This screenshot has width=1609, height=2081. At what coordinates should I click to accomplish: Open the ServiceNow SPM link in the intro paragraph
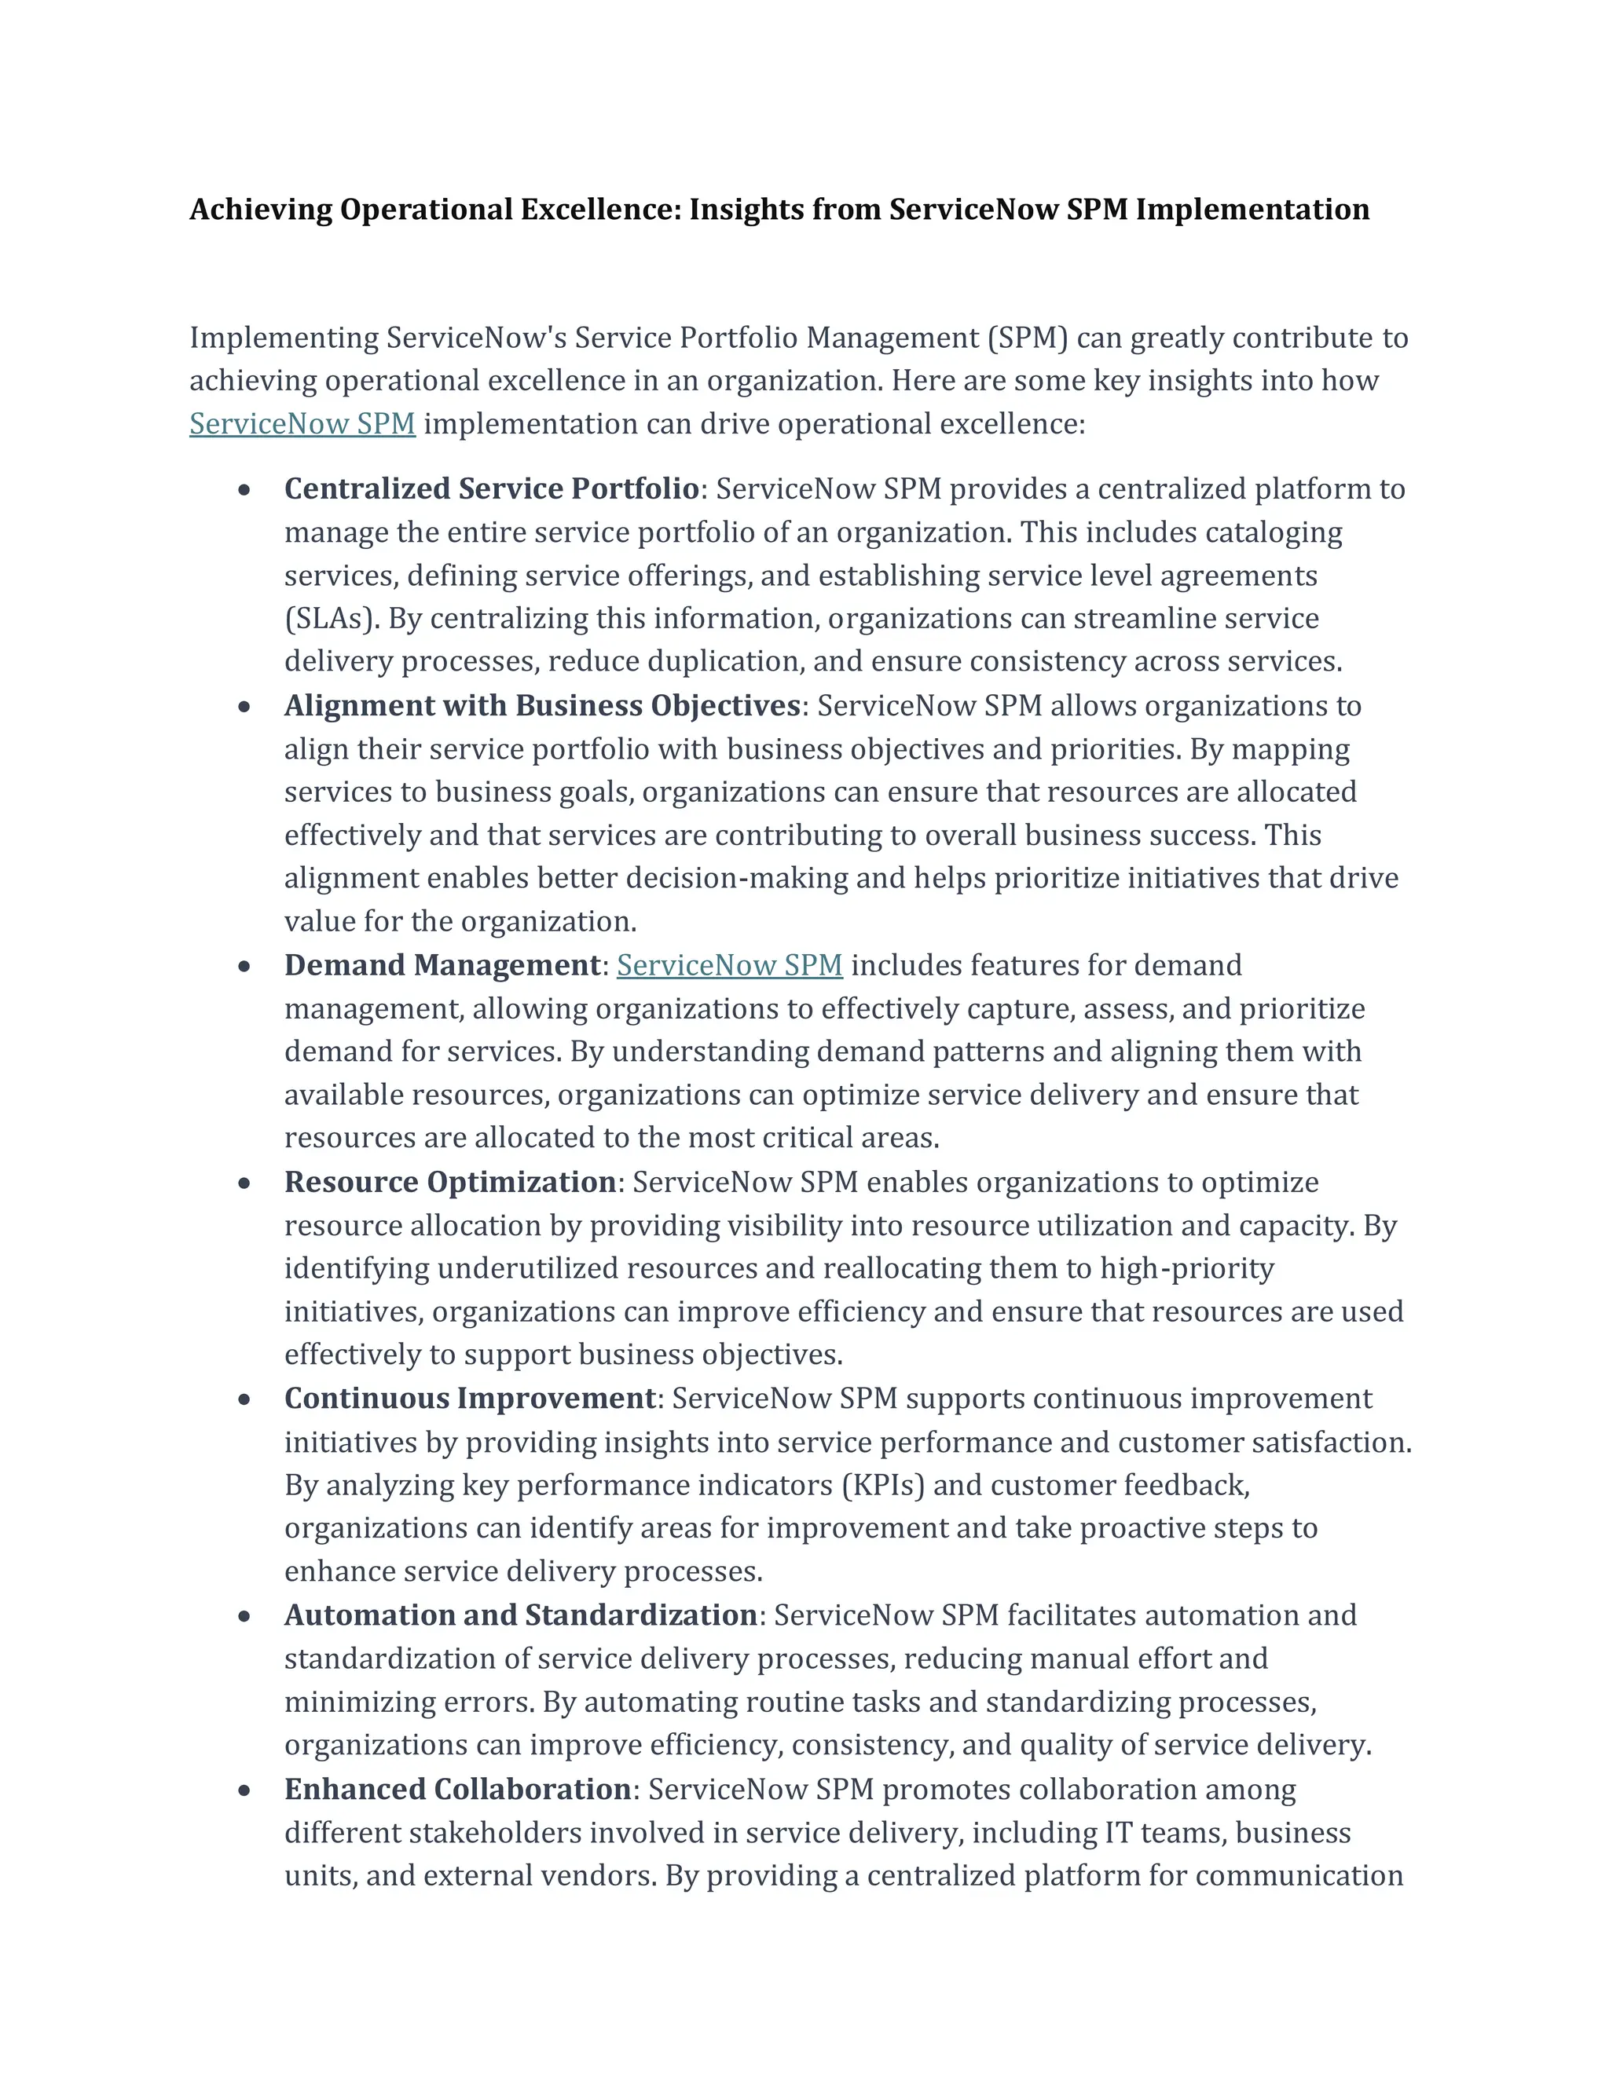(302, 424)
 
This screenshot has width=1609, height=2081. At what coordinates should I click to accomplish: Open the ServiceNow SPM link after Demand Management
(729, 965)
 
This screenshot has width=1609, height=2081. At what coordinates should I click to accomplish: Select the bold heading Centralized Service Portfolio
(491, 488)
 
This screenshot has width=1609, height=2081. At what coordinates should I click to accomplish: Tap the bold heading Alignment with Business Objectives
(541, 705)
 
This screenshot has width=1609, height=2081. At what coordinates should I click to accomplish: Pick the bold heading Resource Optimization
(450, 1182)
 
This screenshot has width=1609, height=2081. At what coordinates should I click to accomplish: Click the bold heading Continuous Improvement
(470, 1398)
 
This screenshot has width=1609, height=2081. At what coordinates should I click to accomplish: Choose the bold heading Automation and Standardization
(520, 1615)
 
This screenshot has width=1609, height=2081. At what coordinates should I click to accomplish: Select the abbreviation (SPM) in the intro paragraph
(1028, 338)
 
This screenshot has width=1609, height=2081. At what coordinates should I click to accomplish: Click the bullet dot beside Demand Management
(245, 966)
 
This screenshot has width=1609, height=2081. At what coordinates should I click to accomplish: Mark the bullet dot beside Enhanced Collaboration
(245, 1790)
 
